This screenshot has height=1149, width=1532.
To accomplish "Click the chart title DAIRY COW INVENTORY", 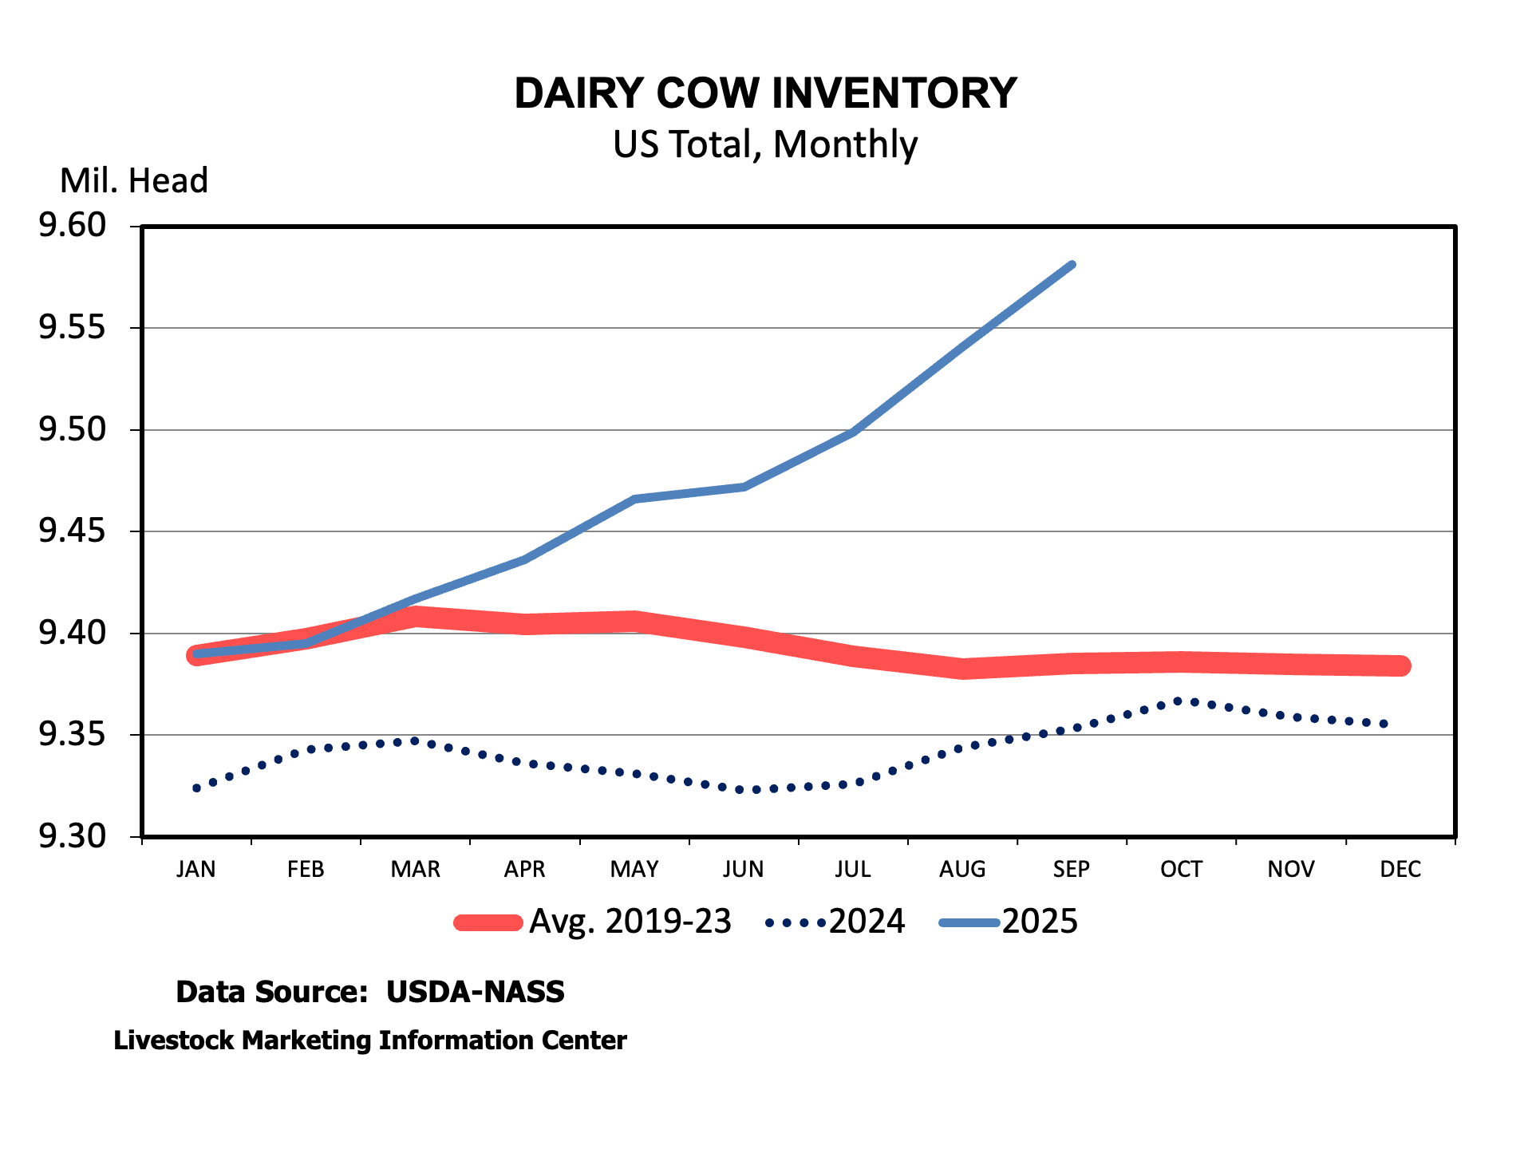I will (765, 93).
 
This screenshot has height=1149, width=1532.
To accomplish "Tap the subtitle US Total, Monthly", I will (765, 144).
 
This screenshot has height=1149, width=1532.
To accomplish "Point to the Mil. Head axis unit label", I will (133, 181).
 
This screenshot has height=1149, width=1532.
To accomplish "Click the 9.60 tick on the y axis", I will (72, 226).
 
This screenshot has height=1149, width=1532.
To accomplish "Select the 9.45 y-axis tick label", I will (72, 531).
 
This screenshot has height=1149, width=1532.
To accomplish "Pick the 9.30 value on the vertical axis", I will (72, 836).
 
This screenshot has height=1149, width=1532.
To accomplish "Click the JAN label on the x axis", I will (196, 869).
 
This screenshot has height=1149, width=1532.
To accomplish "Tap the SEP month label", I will (1072, 869).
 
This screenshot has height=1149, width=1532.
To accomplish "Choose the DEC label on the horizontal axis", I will (1400, 869).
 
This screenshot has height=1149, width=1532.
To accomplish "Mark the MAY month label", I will (634, 869).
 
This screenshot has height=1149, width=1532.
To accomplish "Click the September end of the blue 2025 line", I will (1072, 265).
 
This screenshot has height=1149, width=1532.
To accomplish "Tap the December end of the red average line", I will (1400, 665).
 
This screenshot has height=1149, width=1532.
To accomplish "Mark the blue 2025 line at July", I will (853, 432).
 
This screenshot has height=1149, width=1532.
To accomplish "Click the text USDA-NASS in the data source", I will (475, 992).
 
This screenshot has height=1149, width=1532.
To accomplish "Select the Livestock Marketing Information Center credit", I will (369, 1040).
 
